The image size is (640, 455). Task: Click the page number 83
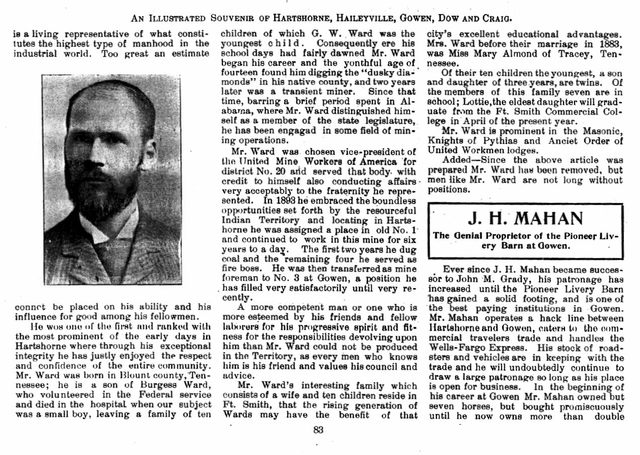[x=318, y=430]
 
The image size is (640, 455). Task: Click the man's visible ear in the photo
[x=149, y=151]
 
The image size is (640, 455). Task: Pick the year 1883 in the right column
[x=611, y=44]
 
